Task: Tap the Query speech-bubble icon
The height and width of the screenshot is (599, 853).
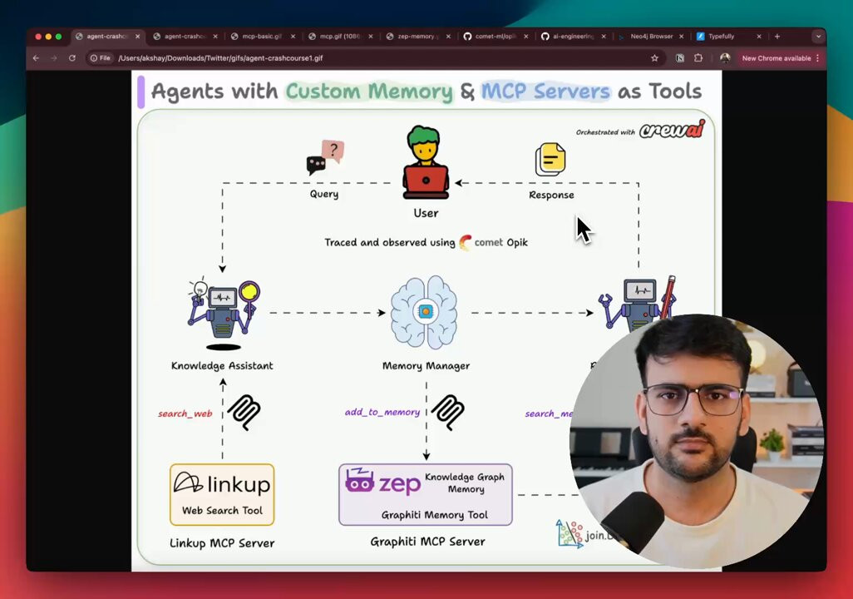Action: click(x=325, y=157)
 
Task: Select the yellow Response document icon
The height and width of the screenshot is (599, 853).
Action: click(x=550, y=159)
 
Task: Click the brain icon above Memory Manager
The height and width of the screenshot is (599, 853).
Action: click(x=425, y=312)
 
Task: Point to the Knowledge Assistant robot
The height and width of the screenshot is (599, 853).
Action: click(x=222, y=314)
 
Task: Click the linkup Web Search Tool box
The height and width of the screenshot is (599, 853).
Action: click(x=222, y=494)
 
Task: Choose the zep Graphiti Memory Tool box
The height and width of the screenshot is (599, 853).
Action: click(x=425, y=494)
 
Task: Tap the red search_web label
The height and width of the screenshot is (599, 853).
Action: click(x=185, y=413)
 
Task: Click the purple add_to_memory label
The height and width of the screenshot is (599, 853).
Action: click(x=382, y=412)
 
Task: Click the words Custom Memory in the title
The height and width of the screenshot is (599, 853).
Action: click(x=369, y=91)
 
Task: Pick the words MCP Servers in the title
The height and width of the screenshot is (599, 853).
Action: click(x=545, y=91)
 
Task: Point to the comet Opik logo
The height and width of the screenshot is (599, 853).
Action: click(x=493, y=242)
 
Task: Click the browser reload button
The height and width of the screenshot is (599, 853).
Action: click(x=72, y=58)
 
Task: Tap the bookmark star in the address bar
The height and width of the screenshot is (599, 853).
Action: click(x=654, y=58)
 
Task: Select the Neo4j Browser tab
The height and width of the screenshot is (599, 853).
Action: click(x=651, y=37)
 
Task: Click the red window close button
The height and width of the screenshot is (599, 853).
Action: click(x=37, y=37)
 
